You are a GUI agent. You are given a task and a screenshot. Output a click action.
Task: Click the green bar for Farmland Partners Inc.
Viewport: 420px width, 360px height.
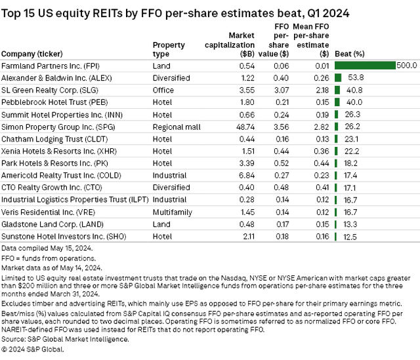click(365, 66)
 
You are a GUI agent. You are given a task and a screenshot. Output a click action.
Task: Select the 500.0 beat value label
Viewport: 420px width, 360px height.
click(407, 66)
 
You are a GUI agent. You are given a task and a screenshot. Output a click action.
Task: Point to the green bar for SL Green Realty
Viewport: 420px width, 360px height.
click(337, 89)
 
